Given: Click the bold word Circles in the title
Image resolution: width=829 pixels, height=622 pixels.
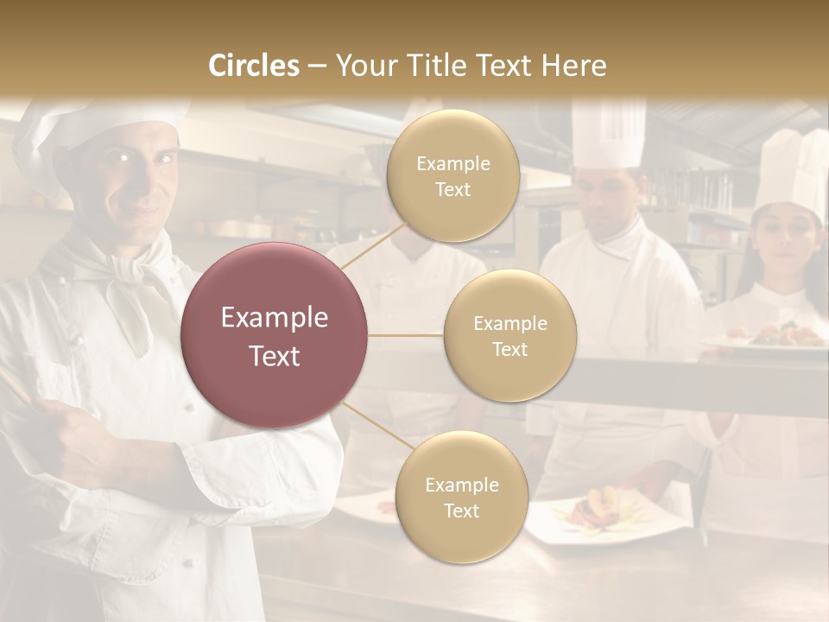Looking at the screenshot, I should point(254,66).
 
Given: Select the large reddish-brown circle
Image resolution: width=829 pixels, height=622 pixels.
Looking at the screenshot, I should point(275,335).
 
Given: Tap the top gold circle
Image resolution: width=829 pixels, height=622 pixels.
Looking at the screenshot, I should point(453,175).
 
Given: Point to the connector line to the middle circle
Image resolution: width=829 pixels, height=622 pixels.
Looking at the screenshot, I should point(406,335).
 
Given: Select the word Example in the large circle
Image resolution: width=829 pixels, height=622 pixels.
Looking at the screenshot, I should point(275,318).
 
